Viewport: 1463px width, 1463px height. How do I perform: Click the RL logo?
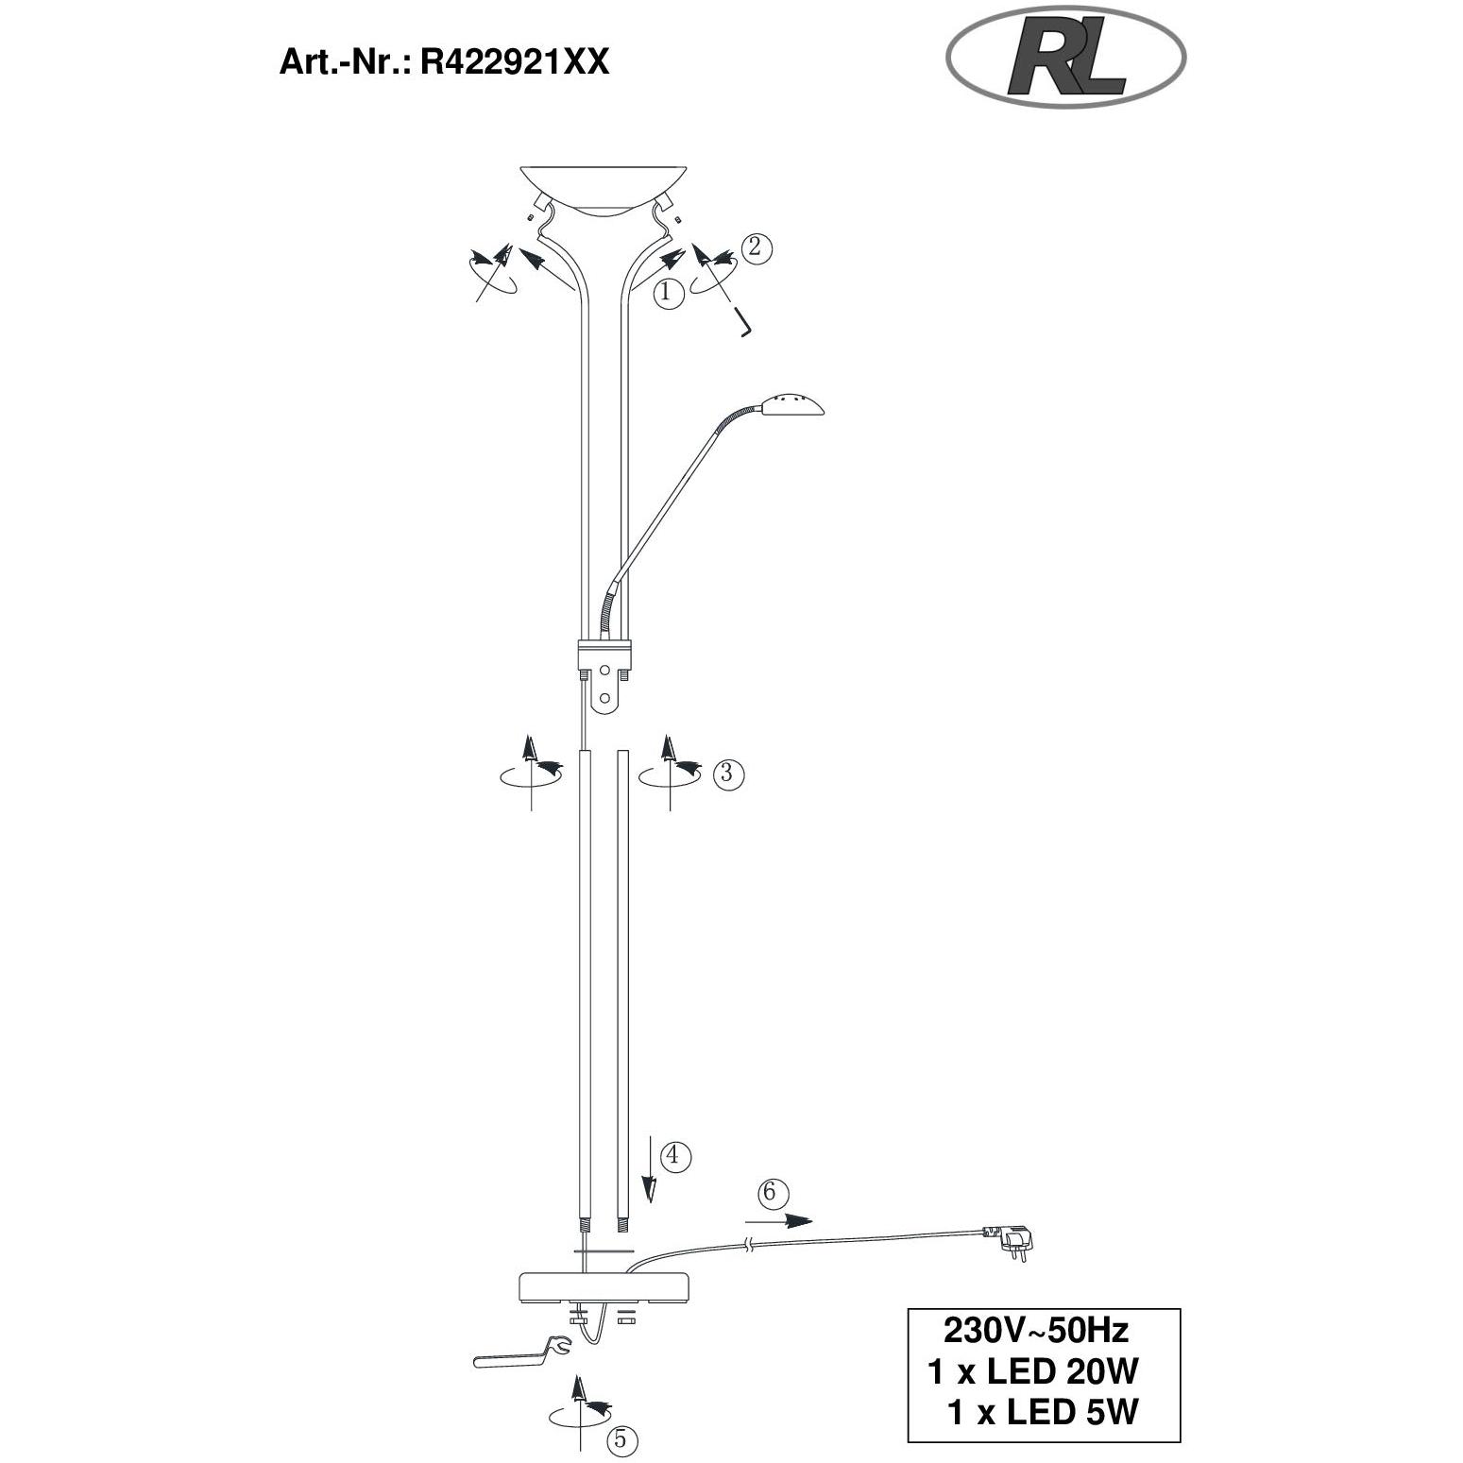click(x=1065, y=59)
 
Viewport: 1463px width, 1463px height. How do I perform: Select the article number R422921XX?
click(x=514, y=62)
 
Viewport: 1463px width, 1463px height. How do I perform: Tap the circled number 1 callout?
click(x=668, y=293)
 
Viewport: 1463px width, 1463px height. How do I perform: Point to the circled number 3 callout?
click(x=727, y=774)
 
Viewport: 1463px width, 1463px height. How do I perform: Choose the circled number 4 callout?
click(x=674, y=1155)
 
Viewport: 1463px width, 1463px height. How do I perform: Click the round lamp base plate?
click(x=604, y=1286)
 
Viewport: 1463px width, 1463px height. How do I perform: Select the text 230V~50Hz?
click(x=1036, y=1331)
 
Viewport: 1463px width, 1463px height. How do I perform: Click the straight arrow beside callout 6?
click(x=785, y=1219)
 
